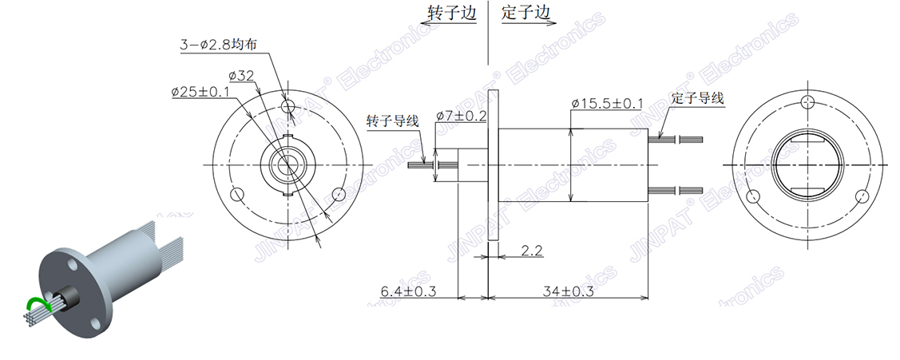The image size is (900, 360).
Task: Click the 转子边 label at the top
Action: tap(452, 14)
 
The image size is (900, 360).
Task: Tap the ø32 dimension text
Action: tap(240, 76)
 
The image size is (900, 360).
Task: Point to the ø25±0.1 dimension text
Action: tap(200, 93)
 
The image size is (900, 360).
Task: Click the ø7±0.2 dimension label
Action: tap(462, 116)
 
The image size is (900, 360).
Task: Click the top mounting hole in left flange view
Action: tap(289, 105)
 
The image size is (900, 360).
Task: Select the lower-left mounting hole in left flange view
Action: tap(237, 195)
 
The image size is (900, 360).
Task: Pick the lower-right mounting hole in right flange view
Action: tap(860, 196)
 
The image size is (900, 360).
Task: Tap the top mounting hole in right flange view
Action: tap(807, 100)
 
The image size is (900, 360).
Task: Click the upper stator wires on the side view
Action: tap(679, 140)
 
